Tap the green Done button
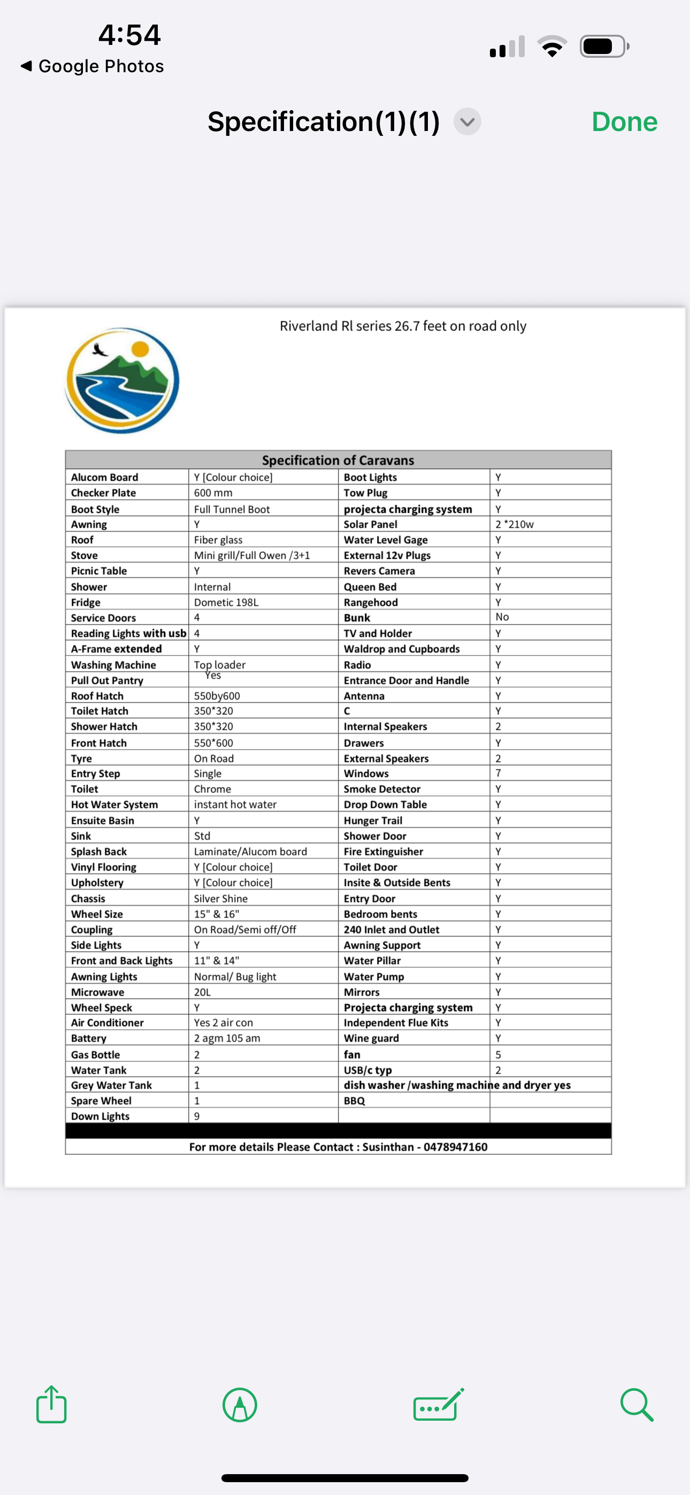pos(624,122)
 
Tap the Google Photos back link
pos(93,66)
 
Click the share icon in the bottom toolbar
pos(51,1405)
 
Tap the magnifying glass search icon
pos(637,1405)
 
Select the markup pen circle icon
pos(240,1405)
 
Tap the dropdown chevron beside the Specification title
pos(467,122)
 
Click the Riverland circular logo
pos(122,380)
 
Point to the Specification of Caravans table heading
pos(338,460)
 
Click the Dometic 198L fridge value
pos(226,603)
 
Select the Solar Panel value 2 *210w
pos(514,524)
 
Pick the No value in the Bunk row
pos(502,617)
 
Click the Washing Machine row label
pos(113,665)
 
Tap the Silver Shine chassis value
pos(221,898)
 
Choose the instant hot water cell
pos(235,804)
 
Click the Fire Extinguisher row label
pos(384,851)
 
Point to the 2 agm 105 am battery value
pos(227,1038)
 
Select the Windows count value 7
pos(499,773)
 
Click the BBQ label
pos(354,1101)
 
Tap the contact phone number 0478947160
pos(455,1147)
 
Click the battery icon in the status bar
pos(603,47)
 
